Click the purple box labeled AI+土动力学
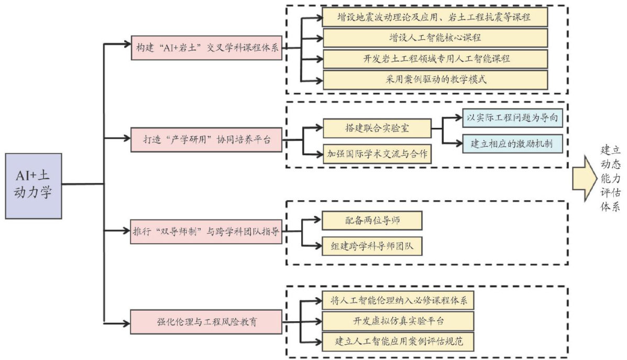(34, 186)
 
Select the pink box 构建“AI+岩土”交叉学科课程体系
(206, 48)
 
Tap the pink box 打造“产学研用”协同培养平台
(206, 139)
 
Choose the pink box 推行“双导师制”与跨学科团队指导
(206, 231)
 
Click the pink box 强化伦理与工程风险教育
(206, 322)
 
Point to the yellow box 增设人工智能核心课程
(435, 38)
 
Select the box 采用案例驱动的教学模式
(435, 80)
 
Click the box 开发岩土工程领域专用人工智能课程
(435, 59)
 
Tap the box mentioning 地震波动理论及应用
(435, 17)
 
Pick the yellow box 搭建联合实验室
(377, 128)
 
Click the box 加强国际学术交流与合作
(377, 154)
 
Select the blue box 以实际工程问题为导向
(513, 118)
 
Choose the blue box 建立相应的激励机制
(513, 144)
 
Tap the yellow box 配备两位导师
(372, 221)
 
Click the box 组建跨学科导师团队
(372, 246)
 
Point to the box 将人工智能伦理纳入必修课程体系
(398, 300)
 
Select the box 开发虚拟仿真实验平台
(398, 321)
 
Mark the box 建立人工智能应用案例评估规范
(398, 342)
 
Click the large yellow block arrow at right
(584, 178)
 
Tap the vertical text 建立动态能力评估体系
(611, 178)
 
